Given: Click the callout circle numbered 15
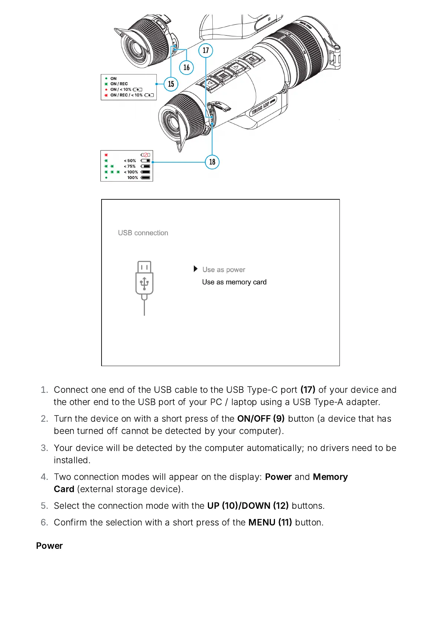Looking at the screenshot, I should (171, 84).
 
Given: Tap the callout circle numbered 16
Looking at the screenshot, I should (186, 67).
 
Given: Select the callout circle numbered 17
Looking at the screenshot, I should (206, 50).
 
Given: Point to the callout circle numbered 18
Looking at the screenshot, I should (212, 162).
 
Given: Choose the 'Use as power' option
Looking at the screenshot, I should (223, 270).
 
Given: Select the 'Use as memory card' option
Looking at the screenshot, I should (234, 282).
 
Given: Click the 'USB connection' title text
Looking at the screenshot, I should (143, 233).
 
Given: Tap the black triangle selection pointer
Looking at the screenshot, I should (196, 269).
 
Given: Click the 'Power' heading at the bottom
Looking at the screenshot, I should (49, 546).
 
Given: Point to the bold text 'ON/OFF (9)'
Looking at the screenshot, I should (261, 419).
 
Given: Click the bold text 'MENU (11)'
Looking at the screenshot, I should (270, 522).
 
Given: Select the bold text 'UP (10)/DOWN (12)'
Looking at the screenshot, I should (248, 506).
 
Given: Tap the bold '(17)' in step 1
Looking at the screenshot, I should (308, 390).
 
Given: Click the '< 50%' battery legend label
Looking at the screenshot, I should (130, 161).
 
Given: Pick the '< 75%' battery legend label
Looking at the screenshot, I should (130, 166).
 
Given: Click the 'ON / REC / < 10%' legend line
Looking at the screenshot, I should (126, 95).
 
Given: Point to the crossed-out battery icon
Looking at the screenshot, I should (145, 155).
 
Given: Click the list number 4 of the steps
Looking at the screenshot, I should (44, 477).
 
